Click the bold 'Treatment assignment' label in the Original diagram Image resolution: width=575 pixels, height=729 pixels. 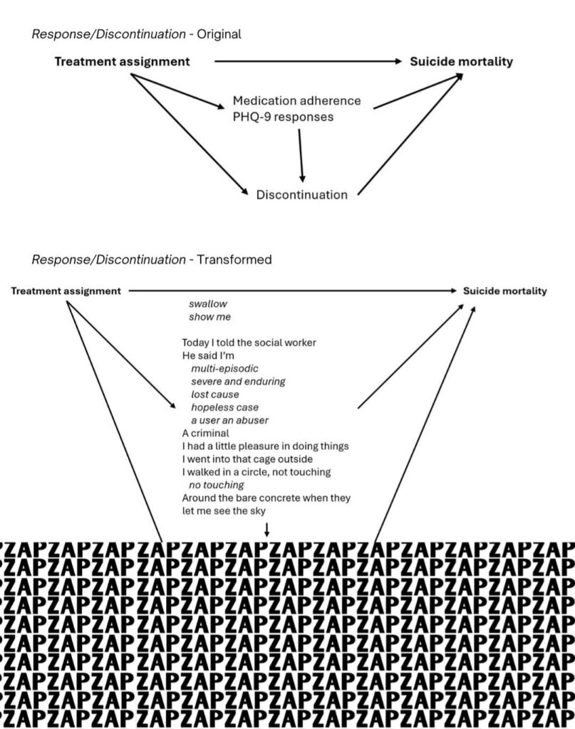pos(123,62)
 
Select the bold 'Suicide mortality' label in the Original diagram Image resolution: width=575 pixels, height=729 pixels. pos(461,62)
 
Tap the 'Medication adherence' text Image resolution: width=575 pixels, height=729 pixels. pos(297,101)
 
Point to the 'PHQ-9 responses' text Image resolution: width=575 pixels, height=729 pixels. pos(284,117)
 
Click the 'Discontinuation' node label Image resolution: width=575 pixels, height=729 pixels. pos(302,195)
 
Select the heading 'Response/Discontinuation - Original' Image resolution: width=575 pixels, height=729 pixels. pos(136,34)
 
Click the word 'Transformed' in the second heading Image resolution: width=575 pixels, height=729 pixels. pos(234,259)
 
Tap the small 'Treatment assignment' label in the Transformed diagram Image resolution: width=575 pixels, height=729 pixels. pos(66,291)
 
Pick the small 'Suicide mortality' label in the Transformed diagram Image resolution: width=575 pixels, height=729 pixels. pos(504,291)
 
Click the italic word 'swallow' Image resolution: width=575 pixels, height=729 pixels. pos(208,304)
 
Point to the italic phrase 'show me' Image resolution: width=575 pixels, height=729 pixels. pos(209,317)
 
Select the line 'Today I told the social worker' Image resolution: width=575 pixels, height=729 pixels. pos(249,342)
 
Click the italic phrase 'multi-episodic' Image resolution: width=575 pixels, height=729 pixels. pos(224,369)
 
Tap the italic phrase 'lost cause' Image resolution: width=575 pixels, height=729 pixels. pos(215,394)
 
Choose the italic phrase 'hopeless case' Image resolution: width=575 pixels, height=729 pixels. pos(224,408)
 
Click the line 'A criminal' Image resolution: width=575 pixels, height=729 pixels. pos(206,434)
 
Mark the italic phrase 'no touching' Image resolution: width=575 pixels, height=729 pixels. pos(217,486)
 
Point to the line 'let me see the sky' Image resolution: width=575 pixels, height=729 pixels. pos(224,511)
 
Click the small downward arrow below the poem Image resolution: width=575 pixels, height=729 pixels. pos(266,529)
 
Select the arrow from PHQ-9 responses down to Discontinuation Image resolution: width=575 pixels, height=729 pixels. pos(301,156)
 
